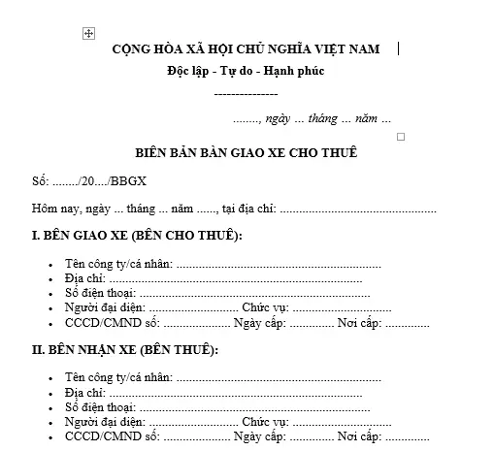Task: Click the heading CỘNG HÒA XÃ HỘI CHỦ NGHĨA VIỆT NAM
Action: coord(246,48)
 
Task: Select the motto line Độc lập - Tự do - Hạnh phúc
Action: coord(245,71)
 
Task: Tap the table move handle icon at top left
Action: coord(88,33)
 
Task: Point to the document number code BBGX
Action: coord(126,181)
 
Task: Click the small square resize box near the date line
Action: coord(400,137)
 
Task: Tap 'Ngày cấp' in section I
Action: coord(258,322)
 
